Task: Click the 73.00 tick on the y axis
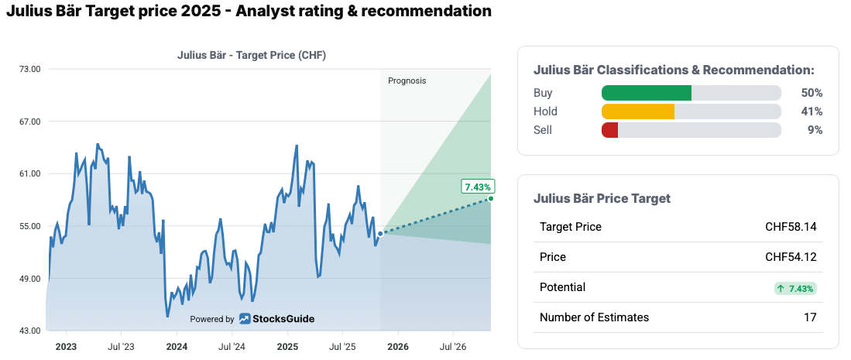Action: pos(29,70)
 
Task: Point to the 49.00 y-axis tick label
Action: pos(29,279)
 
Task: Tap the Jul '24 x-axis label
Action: pos(232,347)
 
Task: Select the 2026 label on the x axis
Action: pos(398,347)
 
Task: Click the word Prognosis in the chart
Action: pos(407,81)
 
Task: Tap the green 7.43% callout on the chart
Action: pos(477,187)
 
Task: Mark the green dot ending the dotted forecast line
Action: pos(491,199)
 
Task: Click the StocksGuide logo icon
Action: pos(245,319)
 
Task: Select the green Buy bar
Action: pos(646,93)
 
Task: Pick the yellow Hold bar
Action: pos(637,111)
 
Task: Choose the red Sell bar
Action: pos(609,130)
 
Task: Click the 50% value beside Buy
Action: pos(812,93)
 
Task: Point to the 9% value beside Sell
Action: pos(815,130)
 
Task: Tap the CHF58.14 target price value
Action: pos(791,227)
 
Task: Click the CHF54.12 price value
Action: pos(791,257)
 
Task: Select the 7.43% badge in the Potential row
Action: pos(795,288)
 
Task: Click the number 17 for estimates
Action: pos(810,317)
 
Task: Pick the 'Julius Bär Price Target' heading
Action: pos(602,198)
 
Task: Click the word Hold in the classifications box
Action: pos(545,111)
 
